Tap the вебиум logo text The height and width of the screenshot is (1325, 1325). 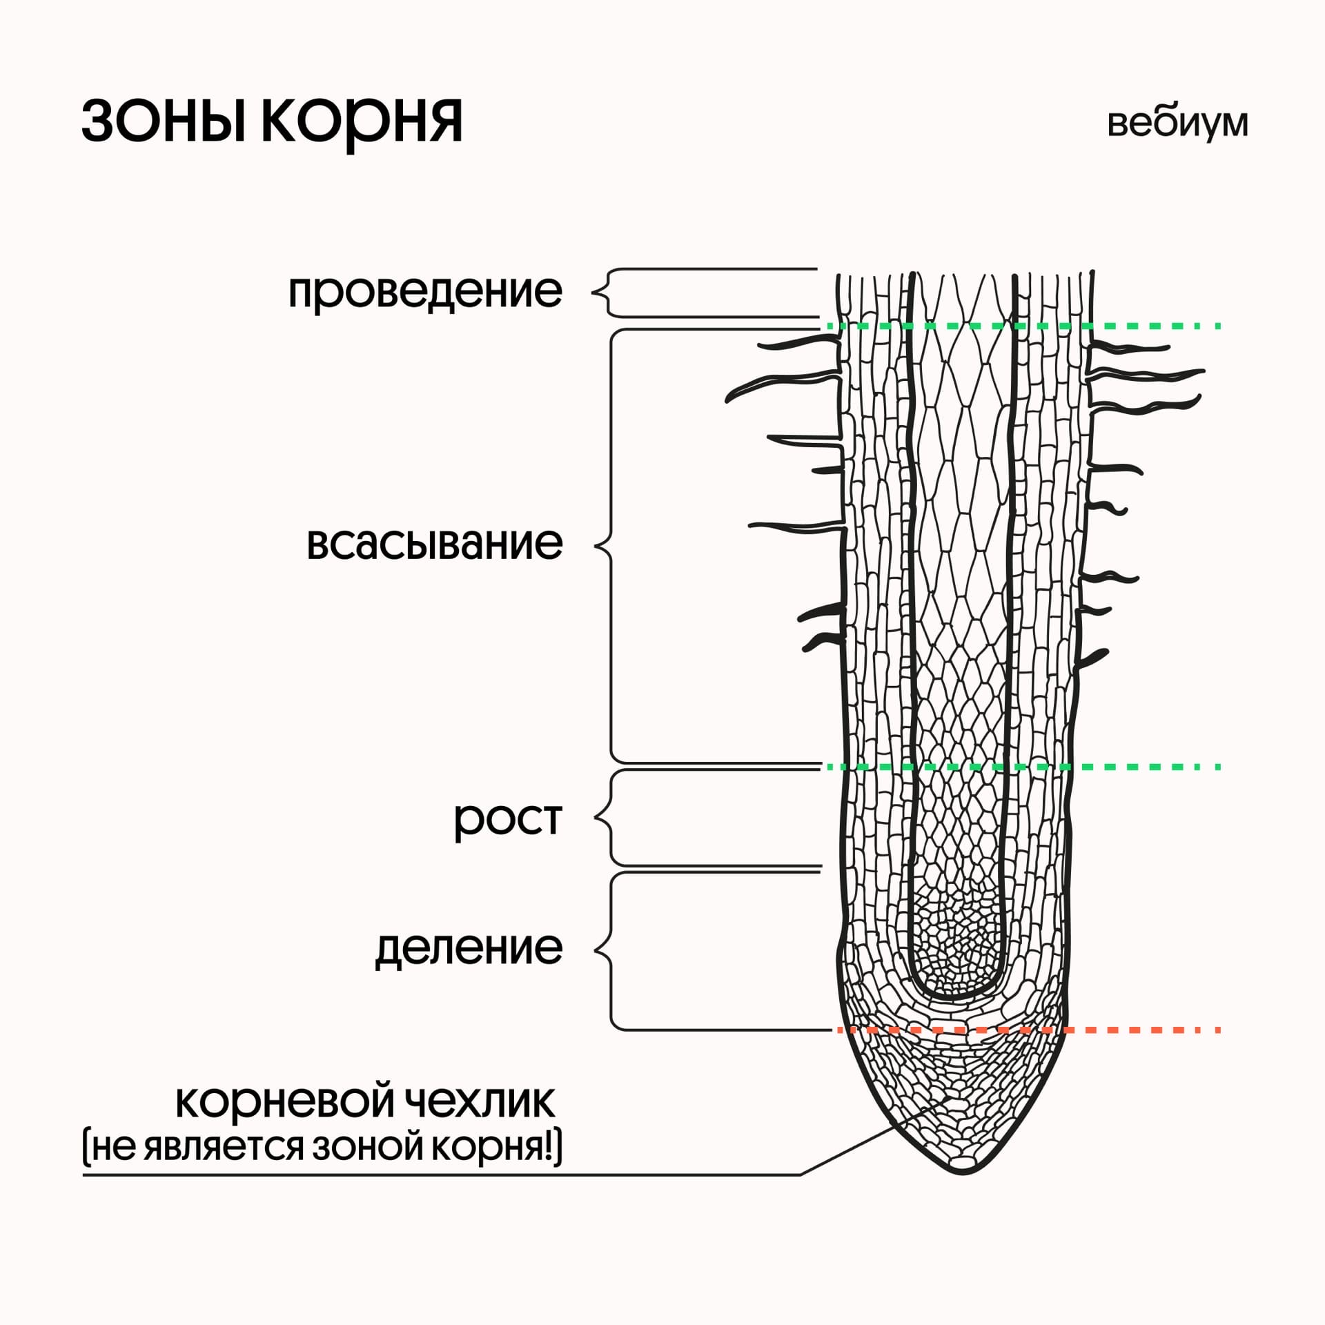coord(1177,124)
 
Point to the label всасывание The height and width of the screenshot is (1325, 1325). coord(435,544)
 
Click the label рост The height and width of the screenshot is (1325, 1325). coord(508,819)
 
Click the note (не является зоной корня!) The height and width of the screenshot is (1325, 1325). coord(322,1148)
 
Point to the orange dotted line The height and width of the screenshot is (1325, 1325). coord(1139,1030)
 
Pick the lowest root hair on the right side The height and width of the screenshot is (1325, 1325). coord(1093,658)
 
